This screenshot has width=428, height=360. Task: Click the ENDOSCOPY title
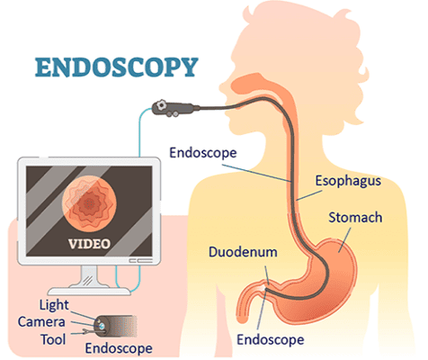coord(117,67)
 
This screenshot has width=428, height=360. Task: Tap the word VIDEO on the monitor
coord(89,244)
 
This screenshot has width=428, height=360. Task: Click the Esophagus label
coord(348,181)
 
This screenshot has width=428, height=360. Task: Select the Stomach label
coord(355,218)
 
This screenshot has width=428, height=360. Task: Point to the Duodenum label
coord(243,252)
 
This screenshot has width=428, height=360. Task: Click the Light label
coord(54,305)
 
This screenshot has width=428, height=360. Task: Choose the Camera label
coord(41,322)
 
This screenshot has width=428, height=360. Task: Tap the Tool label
coord(53,339)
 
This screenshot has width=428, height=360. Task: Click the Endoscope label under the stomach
coord(271,340)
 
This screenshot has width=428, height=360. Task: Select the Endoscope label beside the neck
coord(203,153)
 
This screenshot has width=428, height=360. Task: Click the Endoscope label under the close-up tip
coord(119,348)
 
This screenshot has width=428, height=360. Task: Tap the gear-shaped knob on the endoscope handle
coord(161,105)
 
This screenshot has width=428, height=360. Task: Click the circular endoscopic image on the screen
coord(89,203)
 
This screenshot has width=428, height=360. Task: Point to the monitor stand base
coord(89,291)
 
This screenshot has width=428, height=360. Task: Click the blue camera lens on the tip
coord(102,326)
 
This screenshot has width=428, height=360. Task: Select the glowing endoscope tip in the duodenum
coord(263,288)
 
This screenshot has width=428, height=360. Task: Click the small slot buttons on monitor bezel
coord(140,261)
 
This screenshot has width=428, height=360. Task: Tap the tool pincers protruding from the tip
coord(85,332)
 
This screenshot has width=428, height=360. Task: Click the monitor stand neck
coord(89,276)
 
